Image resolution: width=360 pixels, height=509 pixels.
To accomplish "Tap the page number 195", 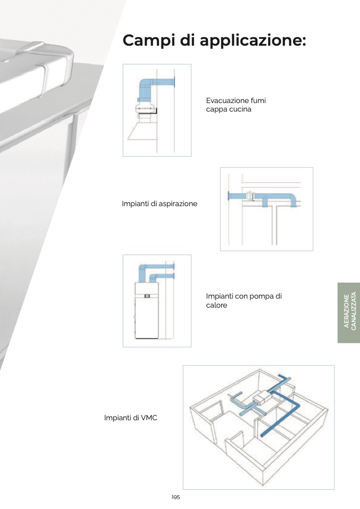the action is [175, 497].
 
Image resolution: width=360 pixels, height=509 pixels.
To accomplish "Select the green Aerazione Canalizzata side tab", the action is [349, 312].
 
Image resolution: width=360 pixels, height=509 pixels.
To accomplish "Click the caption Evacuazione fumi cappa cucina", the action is [236, 105].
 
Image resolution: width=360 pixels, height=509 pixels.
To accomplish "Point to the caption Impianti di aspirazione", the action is [160, 203].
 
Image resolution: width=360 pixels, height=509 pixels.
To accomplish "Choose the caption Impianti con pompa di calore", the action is [244, 300].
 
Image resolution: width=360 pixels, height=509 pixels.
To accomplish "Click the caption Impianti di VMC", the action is [131, 418].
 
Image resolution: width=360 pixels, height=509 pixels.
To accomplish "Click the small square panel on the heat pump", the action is [147, 296].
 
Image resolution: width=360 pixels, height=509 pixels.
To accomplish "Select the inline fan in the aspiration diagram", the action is [250, 197].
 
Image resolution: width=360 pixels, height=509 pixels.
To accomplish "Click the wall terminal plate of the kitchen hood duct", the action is [174, 82].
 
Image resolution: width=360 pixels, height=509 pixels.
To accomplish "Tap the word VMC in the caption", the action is [149, 418].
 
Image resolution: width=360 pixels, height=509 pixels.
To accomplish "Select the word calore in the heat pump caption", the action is [217, 305].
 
